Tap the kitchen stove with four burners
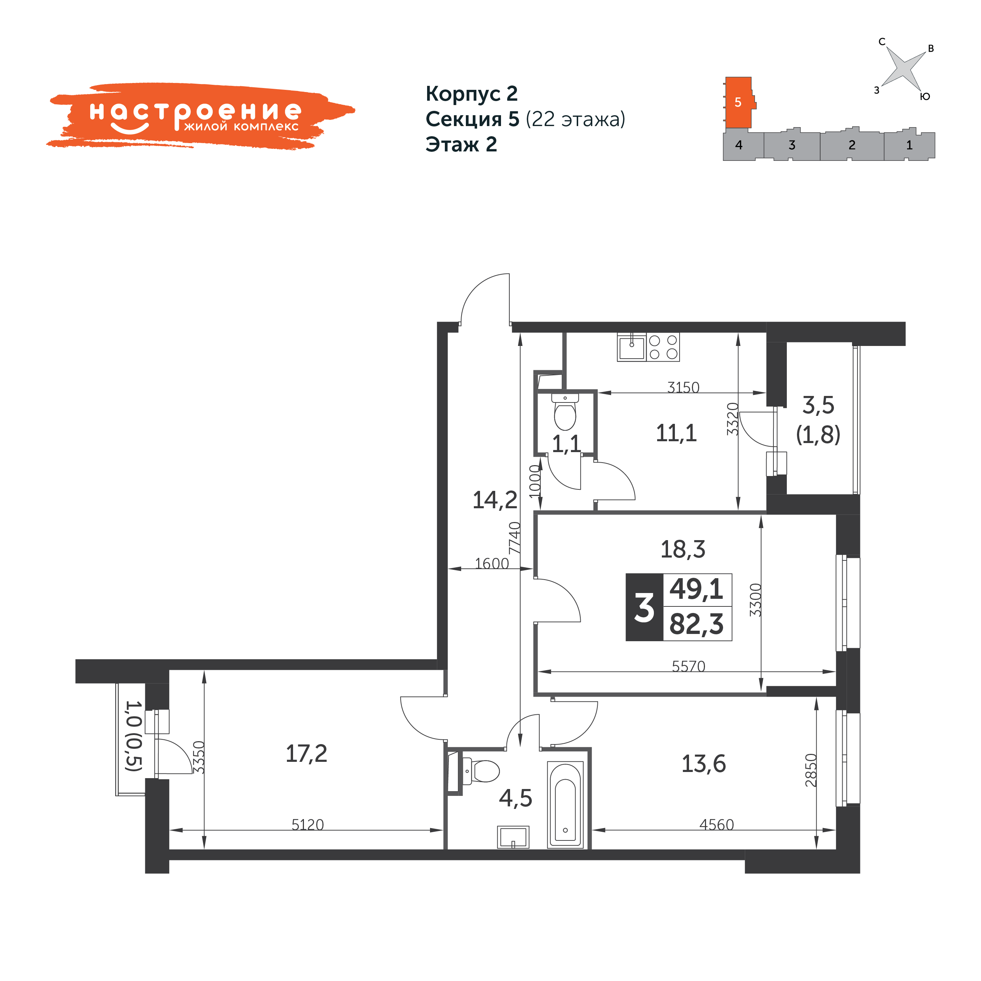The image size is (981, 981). tap(663, 347)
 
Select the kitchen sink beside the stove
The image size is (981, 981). tap(632, 347)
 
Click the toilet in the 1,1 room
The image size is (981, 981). tap(565, 412)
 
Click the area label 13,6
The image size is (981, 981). tap(704, 764)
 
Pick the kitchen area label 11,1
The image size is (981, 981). tap(676, 433)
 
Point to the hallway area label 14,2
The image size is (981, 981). tap(495, 500)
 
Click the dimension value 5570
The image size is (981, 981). tap(689, 666)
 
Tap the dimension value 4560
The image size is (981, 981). tap(717, 825)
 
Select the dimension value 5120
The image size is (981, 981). tap(308, 825)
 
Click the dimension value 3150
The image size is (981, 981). tap(684, 387)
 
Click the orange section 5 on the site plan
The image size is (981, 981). tap(739, 103)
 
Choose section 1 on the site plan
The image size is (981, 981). tap(909, 145)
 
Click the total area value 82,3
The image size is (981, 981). tap(697, 624)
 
